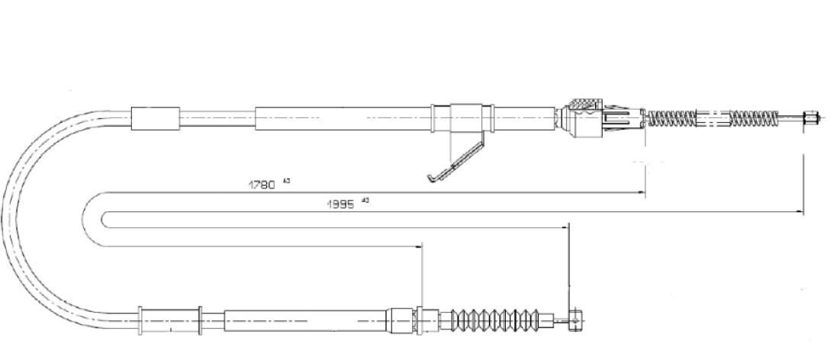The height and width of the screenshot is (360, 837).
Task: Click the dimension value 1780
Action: [x=261, y=184]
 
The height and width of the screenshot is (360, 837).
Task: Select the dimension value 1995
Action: [x=341, y=204]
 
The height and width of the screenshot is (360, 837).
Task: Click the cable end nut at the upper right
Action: [x=810, y=118]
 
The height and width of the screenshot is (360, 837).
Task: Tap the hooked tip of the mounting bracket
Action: [x=433, y=179]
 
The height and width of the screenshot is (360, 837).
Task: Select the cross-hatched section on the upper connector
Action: [x=584, y=105]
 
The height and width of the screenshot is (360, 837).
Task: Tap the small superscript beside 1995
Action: [x=365, y=201]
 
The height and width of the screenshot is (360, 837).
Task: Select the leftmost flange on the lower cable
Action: [x=140, y=319]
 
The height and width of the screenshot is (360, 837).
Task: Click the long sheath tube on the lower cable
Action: [x=305, y=319]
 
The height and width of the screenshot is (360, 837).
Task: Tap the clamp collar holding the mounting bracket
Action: [x=466, y=119]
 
